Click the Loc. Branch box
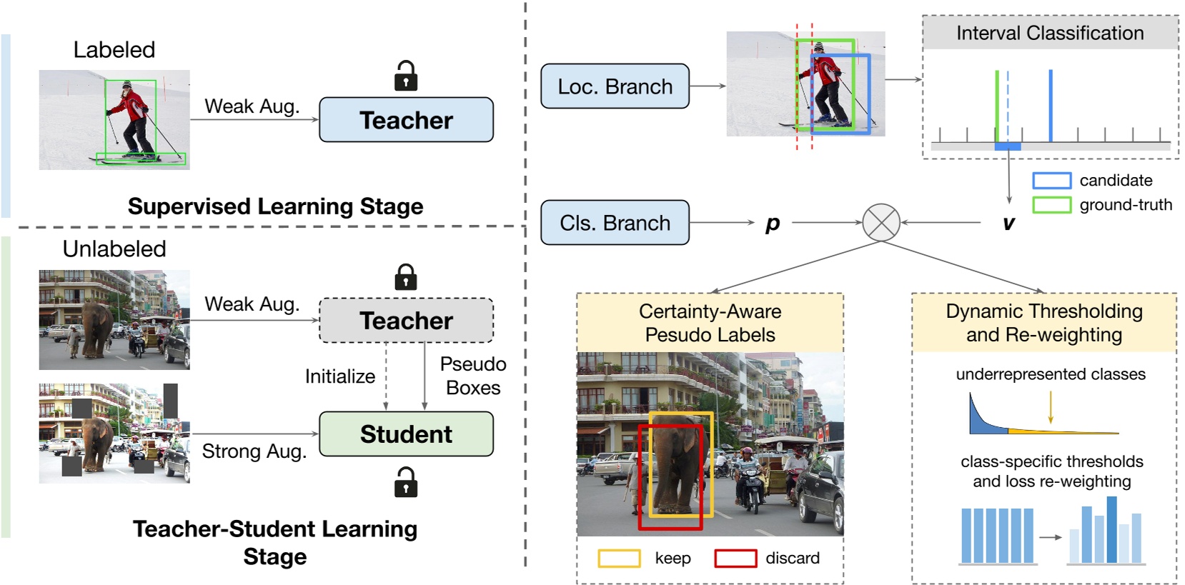pyautogui.click(x=615, y=86)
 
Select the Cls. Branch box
pyautogui.click(x=615, y=223)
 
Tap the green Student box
pyautogui.click(x=406, y=434)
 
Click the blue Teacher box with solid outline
pyautogui.click(x=406, y=120)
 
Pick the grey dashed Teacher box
pyautogui.click(x=406, y=321)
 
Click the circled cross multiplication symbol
pyautogui.click(x=881, y=222)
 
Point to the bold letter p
pyautogui.click(x=772, y=224)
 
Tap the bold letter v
pyautogui.click(x=1008, y=224)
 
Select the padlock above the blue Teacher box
pyautogui.click(x=406, y=76)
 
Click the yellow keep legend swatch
pyautogui.click(x=619, y=559)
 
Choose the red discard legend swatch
pyautogui.click(x=735, y=559)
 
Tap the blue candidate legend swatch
pyautogui.click(x=1051, y=181)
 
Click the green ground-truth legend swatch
pyautogui.click(x=1051, y=205)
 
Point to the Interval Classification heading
pyautogui.click(x=1050, y=34)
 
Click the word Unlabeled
pyautogui.click(x=114, y=249)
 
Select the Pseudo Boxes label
pyautogui.click(x=472, y=376)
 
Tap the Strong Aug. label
pyautogui.click(x=254, y=451)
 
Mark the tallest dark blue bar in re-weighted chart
pyautogui.click(x=1111, y=529)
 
